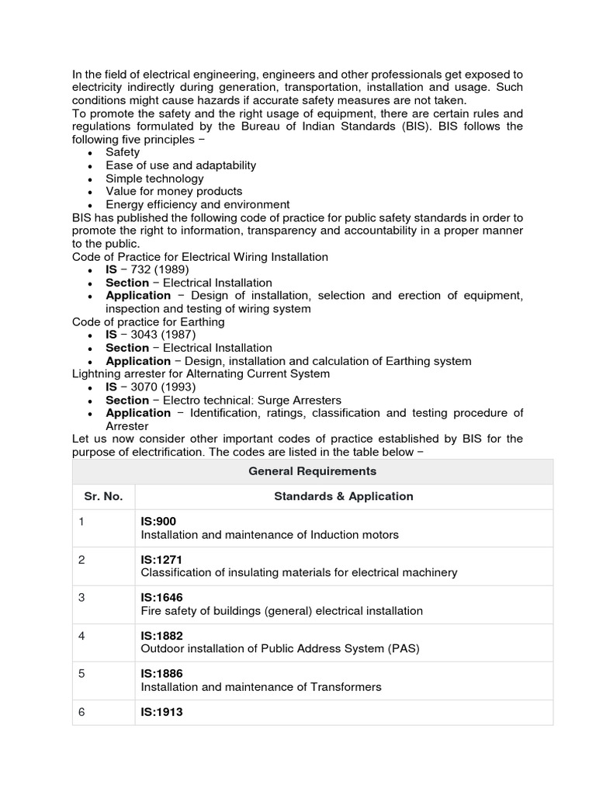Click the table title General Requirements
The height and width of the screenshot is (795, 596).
(x=312, y=471)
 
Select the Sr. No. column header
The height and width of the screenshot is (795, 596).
(x=103, y=496)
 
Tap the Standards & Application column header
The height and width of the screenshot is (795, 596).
(x=344, y=496)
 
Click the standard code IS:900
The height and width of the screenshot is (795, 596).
(x=158, y=522)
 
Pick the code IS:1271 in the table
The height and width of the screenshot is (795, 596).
(x=161, y=559)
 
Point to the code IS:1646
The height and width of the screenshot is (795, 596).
(x=161, y=597)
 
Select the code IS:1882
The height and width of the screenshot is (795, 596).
(x=161, y=635)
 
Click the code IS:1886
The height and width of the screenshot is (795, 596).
(x=161, y=673)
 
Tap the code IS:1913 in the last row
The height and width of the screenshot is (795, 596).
(x=161, y=711)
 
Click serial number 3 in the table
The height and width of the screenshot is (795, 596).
(x=81, y=597)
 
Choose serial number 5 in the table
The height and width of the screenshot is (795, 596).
(x=81, y=673)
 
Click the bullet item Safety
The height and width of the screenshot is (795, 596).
(x=123, y=152)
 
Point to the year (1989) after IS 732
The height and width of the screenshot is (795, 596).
(x=171, y=269)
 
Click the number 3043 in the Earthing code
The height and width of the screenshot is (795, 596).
(x=144, y=335)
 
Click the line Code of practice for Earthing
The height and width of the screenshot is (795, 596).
(x=148, y=321)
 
